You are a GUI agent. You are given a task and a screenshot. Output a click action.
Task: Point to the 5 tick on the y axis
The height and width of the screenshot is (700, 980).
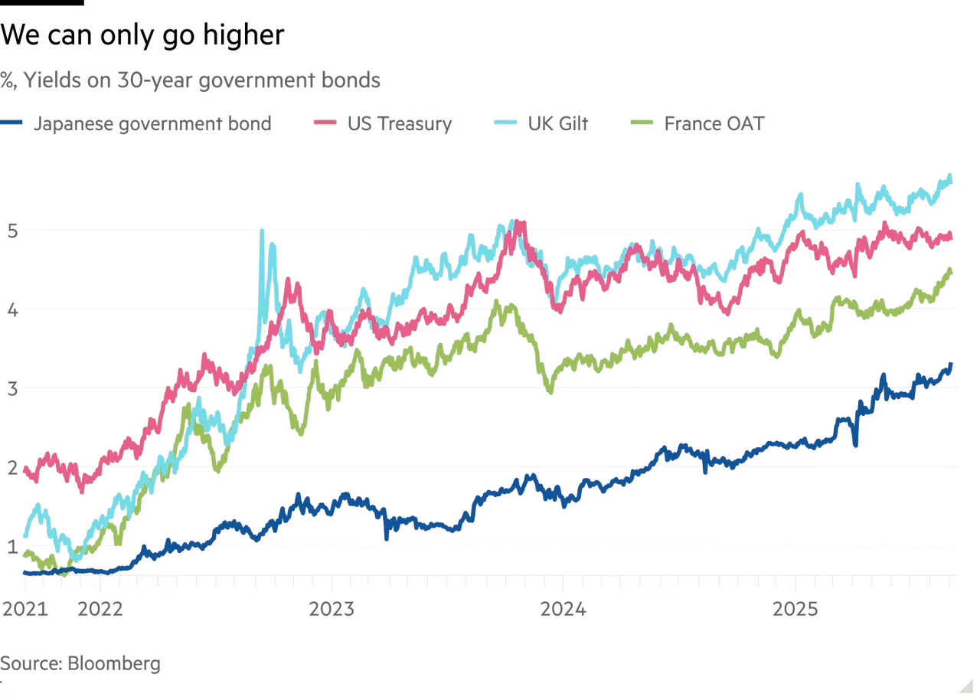tap(10, 231)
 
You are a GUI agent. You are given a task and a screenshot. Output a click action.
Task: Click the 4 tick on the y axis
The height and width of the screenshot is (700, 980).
tap(10, 310)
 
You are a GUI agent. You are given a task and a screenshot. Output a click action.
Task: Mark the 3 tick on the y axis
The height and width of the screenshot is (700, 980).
tap(10, 389)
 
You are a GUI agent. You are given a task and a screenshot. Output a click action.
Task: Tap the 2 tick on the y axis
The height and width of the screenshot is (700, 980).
tap(10, 468)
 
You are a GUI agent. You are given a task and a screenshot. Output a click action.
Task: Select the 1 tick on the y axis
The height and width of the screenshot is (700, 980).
tap(10, 547)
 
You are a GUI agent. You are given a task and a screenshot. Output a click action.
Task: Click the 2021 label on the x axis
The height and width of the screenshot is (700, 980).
tap(24, 608)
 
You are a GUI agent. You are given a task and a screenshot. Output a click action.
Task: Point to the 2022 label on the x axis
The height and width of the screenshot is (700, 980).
tap(100, 608)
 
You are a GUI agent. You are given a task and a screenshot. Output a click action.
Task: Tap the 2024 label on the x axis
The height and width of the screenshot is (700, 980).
tap(565, 608)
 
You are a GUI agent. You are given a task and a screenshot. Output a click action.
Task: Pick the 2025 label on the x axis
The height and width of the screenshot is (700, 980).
tap(797, 608)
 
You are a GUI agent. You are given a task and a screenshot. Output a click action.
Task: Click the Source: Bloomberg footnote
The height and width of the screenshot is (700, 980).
tap(81, 662)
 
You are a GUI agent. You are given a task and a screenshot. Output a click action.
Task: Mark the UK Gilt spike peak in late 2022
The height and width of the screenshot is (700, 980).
tap(263, 230)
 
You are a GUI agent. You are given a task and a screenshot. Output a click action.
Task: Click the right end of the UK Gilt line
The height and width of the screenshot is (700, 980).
tap(952, 173)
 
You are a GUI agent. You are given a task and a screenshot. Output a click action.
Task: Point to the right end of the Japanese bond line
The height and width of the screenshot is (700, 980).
tap(952, 361)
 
